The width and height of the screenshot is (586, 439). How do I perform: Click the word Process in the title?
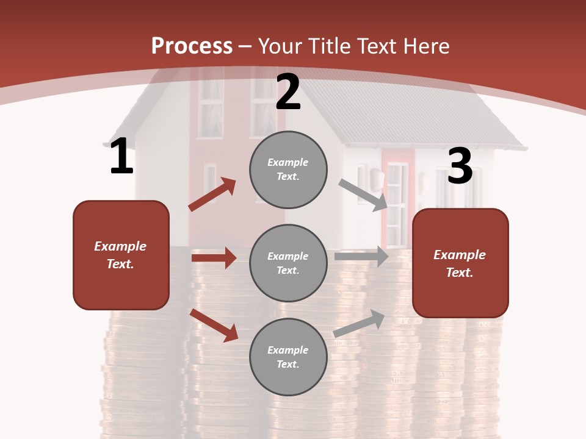click(192, 46)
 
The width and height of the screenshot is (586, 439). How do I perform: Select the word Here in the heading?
click(424, 46)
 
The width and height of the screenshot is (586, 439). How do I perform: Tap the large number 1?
click(121, 157)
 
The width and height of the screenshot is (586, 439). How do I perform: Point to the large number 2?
click(288, 92)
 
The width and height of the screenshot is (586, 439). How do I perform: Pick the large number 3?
click(460, 166)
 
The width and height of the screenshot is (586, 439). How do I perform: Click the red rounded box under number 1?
click(121, 255)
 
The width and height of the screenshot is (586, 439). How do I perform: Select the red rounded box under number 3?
click(460, 263)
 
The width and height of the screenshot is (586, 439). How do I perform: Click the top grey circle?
click(288, 170)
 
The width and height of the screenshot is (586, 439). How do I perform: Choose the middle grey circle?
click(288, 263)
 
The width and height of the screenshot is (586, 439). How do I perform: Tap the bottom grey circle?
click(288, 357)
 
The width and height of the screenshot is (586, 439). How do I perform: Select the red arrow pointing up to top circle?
click(212, 194)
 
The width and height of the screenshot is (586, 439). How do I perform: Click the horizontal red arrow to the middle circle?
click(214, 258)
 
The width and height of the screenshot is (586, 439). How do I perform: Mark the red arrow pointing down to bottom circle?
click(214, 324)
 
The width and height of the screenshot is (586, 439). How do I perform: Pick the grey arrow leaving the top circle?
click(363, 195)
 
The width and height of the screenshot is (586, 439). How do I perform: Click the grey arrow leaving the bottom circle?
click(359, 323)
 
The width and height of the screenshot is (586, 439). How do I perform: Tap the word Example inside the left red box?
click(120, 246)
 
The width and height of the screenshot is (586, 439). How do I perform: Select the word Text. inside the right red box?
click(460, 273)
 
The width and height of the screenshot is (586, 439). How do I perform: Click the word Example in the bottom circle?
click(288, 350)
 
